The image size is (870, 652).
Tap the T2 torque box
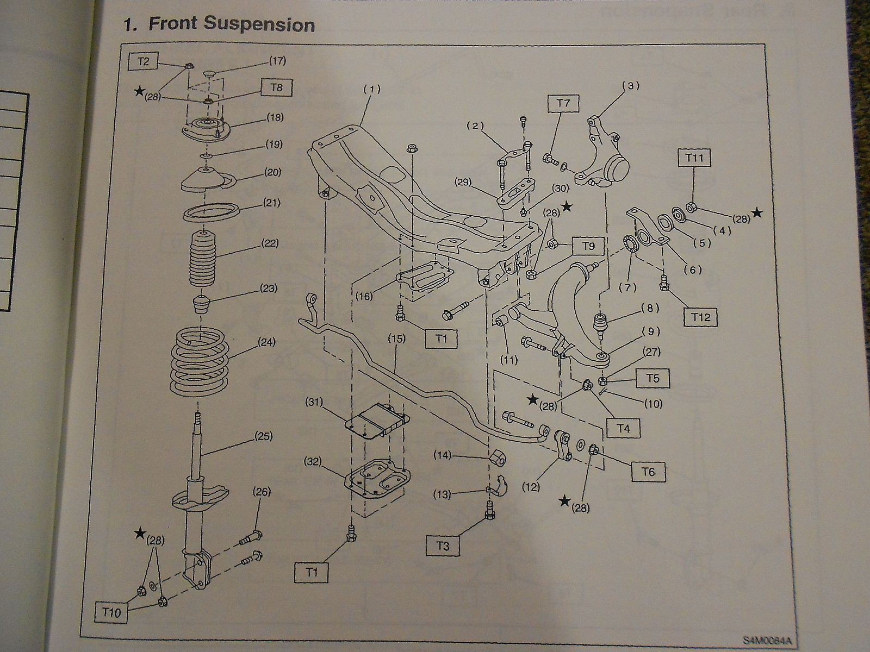pyautogui.click(x=142, y=61)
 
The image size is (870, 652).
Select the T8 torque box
pyautogui.click(x=276, y=87)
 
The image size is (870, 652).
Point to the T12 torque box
pyautogui.click(x=701, y=316)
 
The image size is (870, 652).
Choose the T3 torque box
pyautogui.click(x=443, y=545)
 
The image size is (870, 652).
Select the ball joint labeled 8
pyautogui.click(x=601, y=324)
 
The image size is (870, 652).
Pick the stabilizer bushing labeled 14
pyautogui.click(x=498, y=458)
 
